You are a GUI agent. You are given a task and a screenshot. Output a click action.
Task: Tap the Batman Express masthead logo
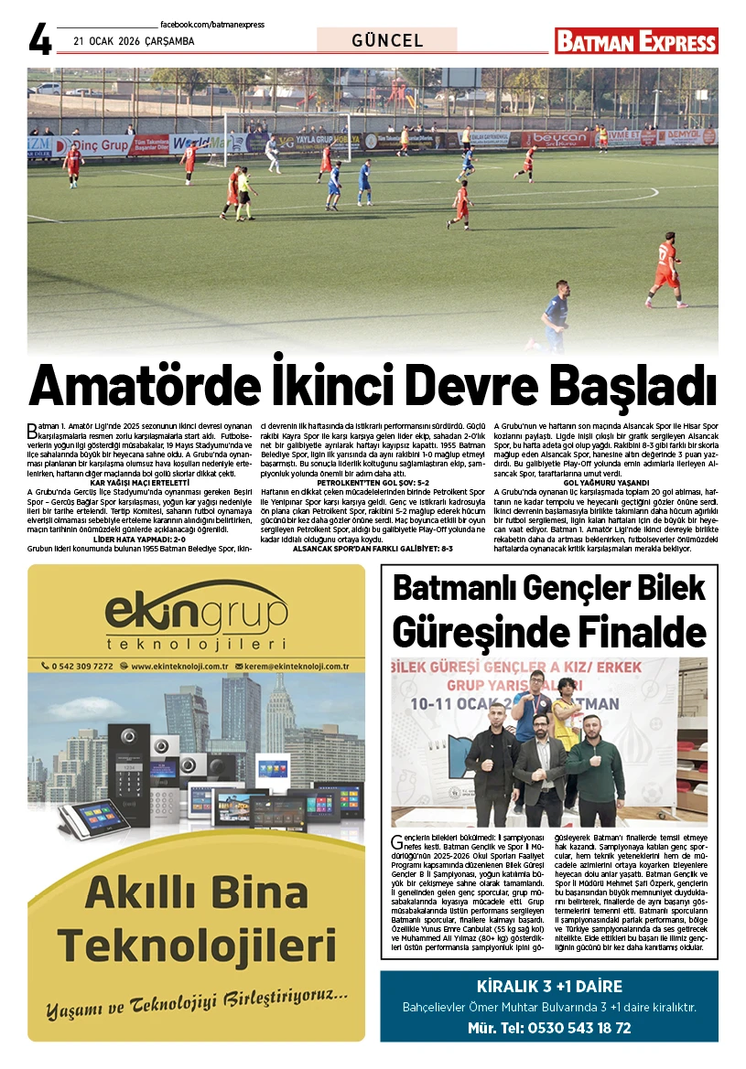[636, 41]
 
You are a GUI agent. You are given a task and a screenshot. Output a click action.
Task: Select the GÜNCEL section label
[387, 41]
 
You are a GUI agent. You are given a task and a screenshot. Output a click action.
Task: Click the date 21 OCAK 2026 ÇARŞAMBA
[134, 41]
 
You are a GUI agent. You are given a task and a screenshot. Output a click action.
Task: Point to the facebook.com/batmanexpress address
[211, 24]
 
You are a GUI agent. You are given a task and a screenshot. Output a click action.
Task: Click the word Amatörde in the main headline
[141, 386]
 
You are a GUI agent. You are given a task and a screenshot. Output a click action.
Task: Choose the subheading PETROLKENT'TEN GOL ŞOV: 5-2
[373, 482]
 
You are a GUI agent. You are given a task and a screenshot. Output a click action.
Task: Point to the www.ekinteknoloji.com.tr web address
[178, 667]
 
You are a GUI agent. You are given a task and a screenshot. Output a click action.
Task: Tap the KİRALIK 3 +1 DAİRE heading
[549, 987]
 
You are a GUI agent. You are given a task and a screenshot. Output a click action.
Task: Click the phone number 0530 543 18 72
[576, 1028]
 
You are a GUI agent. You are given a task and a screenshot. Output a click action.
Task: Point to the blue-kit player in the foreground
[555, 315]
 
